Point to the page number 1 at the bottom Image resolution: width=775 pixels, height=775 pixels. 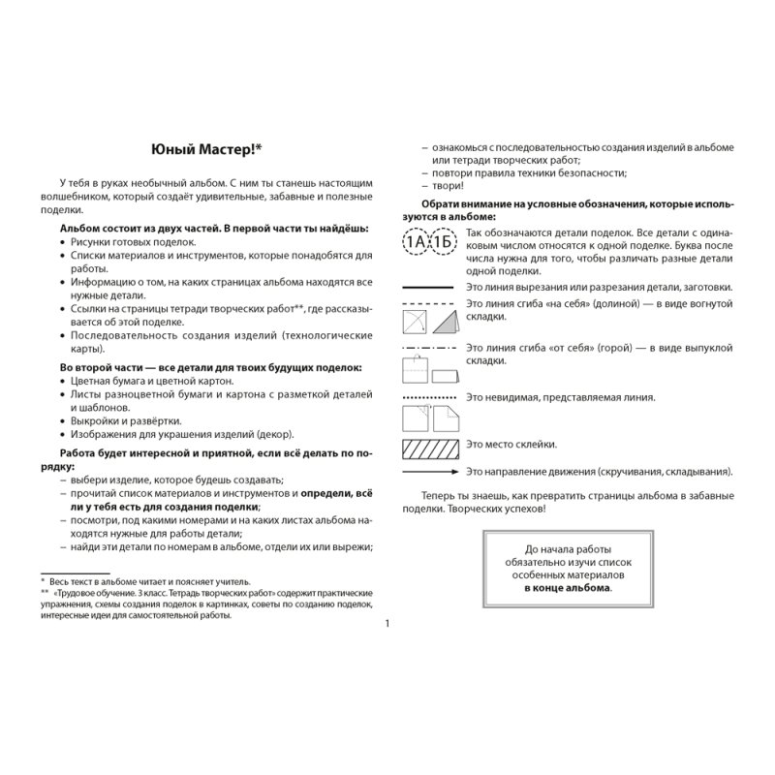pyautogui.click(x=387, y=623)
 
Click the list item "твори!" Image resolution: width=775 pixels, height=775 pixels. pyautogui.click(x=449, y=185)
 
